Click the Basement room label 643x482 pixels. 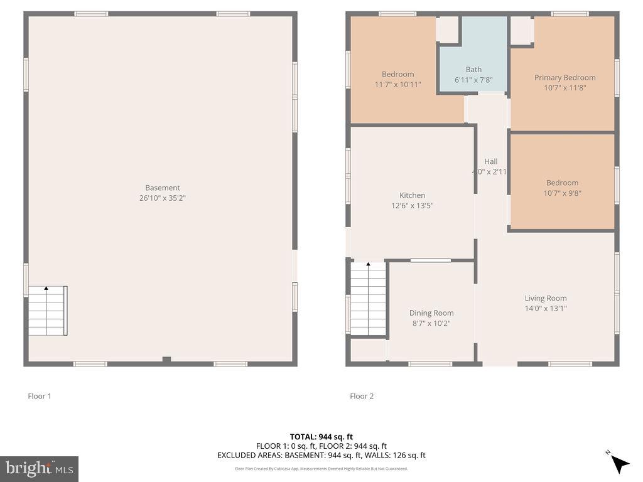coord(163,188)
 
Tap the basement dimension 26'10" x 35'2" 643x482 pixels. coord(163,198)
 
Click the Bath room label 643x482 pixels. coord(473,70)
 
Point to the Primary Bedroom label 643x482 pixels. coord(565,78)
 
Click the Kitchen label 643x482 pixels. coord(412,195)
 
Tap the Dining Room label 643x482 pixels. coord(431,313)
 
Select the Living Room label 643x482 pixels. coord(546,299)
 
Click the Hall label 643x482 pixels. coord(490,162)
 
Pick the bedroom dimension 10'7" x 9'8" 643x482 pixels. coord(562,193)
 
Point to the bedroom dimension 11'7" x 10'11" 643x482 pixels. coord(397,84)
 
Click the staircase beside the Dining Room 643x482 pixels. coord(368,299)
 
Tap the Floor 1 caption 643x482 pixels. coord(39,396)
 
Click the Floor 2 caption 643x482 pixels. coord(362,396)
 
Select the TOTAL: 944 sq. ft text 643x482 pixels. coord(321,437)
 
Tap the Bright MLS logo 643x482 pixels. coord(39,468)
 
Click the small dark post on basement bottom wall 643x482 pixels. coord(166,359)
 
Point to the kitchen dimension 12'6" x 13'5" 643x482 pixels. coord(412,205)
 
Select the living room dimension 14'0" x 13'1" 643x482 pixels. coord(546,308)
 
